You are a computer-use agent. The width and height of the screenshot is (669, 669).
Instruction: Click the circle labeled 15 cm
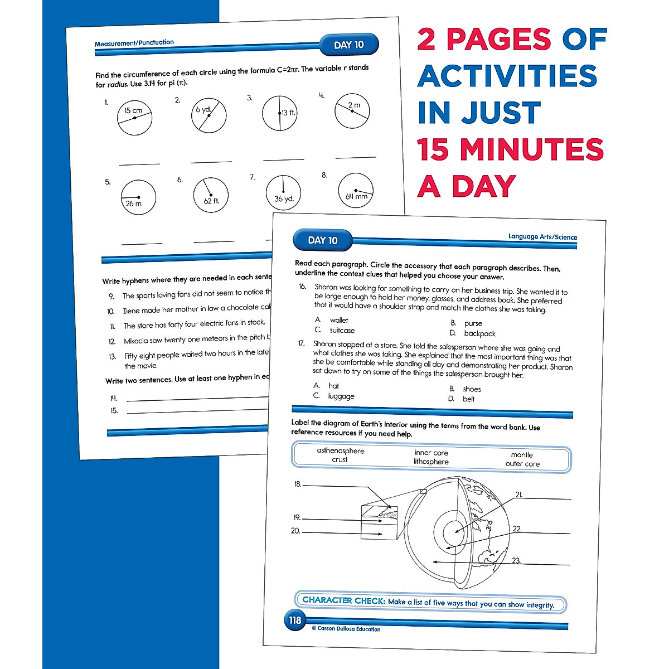[x=135, y=118]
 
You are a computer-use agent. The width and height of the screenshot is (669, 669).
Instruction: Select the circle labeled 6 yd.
[x=209, y=115]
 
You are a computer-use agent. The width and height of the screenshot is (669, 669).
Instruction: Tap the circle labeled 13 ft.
[x=280, y=113]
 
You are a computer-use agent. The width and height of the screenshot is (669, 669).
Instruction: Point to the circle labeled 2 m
[x=352, y=111]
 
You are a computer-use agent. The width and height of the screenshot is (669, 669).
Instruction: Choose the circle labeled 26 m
[x=138, y=197]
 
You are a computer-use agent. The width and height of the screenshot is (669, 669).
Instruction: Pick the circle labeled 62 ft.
[x=211, y=195]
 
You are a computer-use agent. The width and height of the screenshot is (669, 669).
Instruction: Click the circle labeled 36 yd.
[x=283, y=193]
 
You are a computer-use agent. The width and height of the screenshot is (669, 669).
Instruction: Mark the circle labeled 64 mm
[x=356, y=191]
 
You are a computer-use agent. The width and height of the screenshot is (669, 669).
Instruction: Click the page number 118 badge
[x=295, y=620]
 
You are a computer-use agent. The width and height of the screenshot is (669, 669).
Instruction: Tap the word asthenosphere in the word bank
[x=341, y=450]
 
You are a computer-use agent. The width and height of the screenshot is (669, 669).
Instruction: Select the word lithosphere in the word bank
[x=431, y=462]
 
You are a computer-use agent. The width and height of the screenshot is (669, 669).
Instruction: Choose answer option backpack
[x=479, y=333]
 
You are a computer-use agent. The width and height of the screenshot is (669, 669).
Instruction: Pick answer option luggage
[x=341, y=396]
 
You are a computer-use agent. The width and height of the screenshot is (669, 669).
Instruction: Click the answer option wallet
[x=339, y=320]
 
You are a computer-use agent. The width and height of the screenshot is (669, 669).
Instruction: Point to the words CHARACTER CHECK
[x=343, y=600]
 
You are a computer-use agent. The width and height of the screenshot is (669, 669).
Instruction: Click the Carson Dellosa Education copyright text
[x=346, y=629]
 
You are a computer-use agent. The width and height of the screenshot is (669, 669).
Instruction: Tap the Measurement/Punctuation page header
[x=134, y=43]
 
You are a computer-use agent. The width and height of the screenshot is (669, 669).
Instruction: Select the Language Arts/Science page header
[x=542, y=237]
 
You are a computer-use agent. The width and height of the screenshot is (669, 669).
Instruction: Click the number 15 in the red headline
[x=434, y=149]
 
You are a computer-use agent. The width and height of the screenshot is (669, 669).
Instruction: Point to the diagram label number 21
[x=519, y=495]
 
